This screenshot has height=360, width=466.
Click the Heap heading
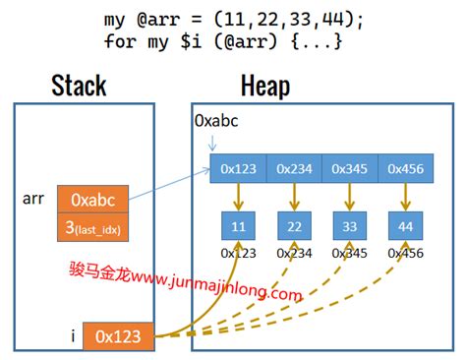(264, 87)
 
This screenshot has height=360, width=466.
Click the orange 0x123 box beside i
(118, 337)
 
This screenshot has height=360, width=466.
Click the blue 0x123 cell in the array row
(239, 169)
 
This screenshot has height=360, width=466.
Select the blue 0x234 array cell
(293, 169)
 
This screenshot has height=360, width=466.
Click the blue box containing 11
(239, 226)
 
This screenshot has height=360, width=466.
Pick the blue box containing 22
(293, 226)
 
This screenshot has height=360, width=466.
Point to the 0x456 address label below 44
(404, 254)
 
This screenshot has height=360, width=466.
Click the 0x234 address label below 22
(294, 254)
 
